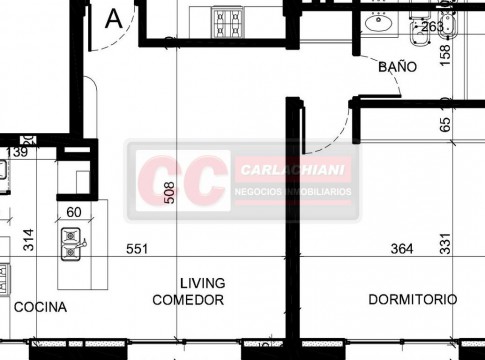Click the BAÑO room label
tap(397, 67)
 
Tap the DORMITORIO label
tap(413, 299)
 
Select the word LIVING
tap(203, 283)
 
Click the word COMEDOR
tap(188, 300)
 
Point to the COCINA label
tap(40, 307)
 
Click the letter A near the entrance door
tap(114, 19)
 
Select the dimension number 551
tap(137, 249)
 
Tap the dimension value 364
tap(402, 249)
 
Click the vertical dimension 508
tap(169, 193)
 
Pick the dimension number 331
tap(445, 244)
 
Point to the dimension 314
tap(28, 240)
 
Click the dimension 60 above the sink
tap(74, 212)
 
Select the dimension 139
tap(17, 152)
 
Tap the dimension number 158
tap(445, 55)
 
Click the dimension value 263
tap(433, 27)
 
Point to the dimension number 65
tap(445, 124)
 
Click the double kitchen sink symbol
tap(71, 244)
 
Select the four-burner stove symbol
tap(227, 22)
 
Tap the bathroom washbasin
tap(378, 22)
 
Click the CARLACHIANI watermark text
tap(292, 170)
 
